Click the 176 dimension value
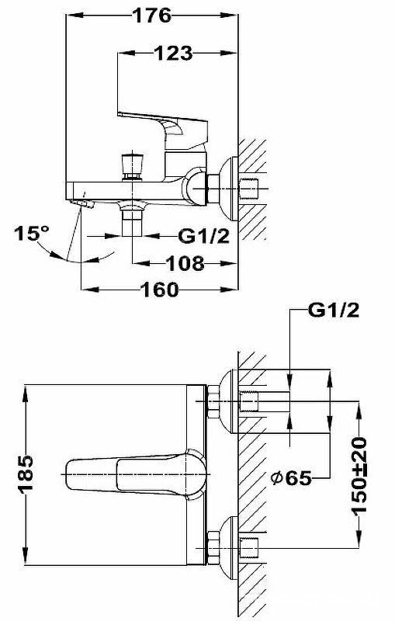[x=152, y=16]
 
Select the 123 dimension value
[x=173, y=53]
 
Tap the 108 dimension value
[x=185, y=263]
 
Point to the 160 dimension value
[x=160, y=290]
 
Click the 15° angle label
[x=32, y=234]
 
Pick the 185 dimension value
[x=26, y=474]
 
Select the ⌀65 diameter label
[x=291, y=478]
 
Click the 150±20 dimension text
[x=359, y=475]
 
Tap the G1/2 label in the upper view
[x=203, y=237]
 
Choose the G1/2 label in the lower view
[x=334, y=310]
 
